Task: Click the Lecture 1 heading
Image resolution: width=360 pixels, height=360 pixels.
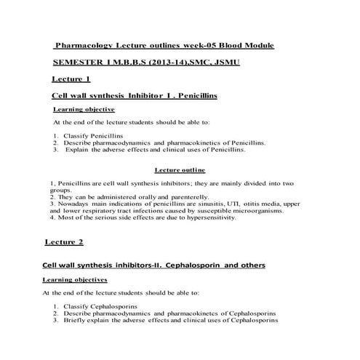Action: (72, 79)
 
